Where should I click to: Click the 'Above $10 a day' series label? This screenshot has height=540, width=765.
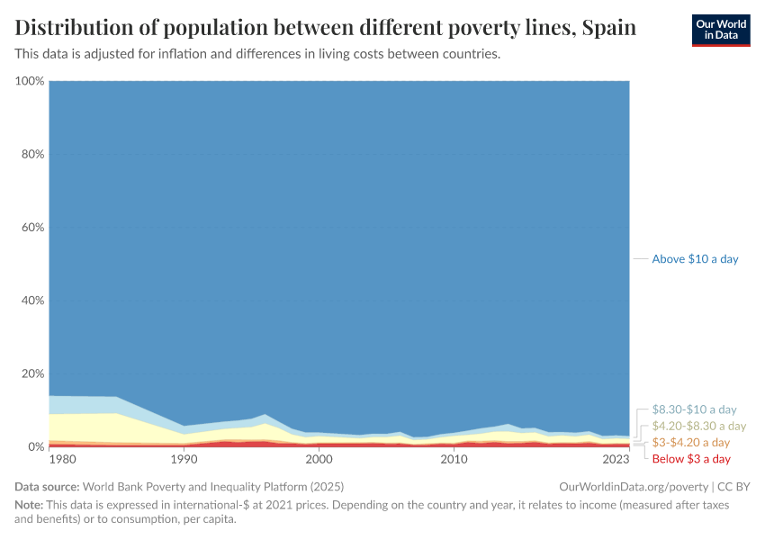tap(695, 259)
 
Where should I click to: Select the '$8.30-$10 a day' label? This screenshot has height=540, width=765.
tap(694, 409)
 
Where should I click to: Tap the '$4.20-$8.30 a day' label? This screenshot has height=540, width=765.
tap(699, 426)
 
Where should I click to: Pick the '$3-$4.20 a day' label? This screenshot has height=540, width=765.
tap(691, 443)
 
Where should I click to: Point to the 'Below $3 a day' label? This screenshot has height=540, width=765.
tap(691, 459)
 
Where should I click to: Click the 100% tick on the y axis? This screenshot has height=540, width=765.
tap(30, 81)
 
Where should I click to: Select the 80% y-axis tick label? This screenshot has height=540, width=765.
tap(31, 154)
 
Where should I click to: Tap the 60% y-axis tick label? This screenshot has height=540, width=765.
tap(31, 228)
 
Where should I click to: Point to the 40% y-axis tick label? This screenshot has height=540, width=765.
tap(31, 301)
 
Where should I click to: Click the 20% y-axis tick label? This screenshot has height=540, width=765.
tap(31, 373)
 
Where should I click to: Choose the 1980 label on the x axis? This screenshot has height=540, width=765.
tap(62, 460)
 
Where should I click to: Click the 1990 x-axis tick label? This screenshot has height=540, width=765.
tap(184, 460)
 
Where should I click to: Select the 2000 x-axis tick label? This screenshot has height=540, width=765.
tap(319, 460)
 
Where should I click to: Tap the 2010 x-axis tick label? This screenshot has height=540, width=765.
tap(454, 460)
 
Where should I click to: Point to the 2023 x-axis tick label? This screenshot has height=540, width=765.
tap(616, 460)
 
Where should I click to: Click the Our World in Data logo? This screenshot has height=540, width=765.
tap(720, 30)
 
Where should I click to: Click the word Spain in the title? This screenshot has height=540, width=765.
tap(609, 28)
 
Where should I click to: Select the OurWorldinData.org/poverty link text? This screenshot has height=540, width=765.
tap(634, 486)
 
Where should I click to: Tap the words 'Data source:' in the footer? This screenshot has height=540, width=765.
tap(47, 486)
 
